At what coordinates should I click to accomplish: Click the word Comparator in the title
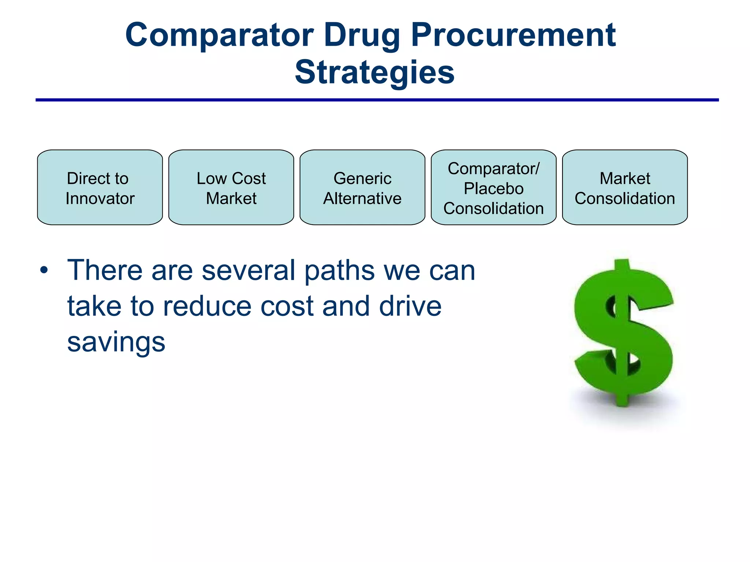tap(219, 35)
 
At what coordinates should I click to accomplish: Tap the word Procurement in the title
tap(513, 35)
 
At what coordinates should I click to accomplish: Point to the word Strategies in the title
tap(375, 72)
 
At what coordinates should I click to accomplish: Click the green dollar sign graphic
tap(623, 333)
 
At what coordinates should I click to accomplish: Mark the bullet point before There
tap(44, 271)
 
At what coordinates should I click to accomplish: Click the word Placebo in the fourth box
tap(493, 189)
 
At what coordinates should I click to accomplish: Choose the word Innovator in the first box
tap(100, 199)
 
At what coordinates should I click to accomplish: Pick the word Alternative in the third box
tap(362, 199)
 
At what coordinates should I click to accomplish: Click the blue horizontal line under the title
tap(377, 100)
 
